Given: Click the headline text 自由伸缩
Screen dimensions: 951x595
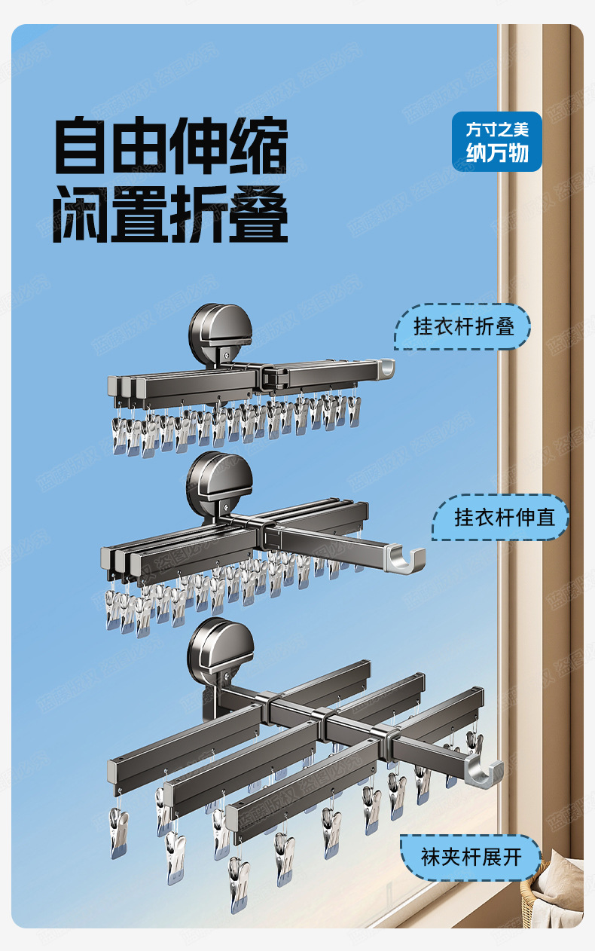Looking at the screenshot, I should coord(171,147).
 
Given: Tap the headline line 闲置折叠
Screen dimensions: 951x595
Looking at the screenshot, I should coord(171,214).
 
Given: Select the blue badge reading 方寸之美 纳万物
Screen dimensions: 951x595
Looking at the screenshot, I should coord(497,142).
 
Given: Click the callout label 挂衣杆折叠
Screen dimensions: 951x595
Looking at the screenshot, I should coord(463,327).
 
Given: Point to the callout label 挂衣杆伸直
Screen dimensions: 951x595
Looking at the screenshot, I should coord(500,518).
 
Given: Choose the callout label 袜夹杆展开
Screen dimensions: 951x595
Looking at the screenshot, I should coord(471,858).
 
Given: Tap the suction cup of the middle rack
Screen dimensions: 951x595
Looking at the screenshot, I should coord(219,482).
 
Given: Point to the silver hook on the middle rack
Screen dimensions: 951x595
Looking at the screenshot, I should coord(407,559).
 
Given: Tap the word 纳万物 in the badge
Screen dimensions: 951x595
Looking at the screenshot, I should coord(497,154).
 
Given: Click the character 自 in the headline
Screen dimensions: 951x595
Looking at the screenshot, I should coord(83,147).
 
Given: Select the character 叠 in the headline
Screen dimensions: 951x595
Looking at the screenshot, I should coord(259,214).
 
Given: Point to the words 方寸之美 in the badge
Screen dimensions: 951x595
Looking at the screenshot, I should coord(497,130).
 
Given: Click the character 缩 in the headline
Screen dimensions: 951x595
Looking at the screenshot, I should coord(259,147).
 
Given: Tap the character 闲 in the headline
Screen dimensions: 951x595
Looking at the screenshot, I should coord(83,214).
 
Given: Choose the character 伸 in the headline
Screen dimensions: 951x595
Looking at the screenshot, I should coord(200,147).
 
